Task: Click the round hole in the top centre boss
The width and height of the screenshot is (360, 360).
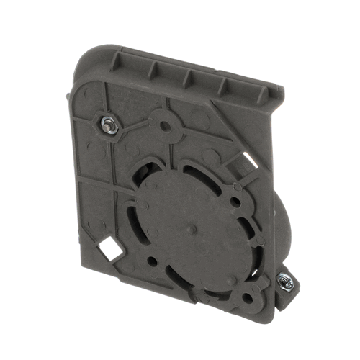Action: (165, 125)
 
